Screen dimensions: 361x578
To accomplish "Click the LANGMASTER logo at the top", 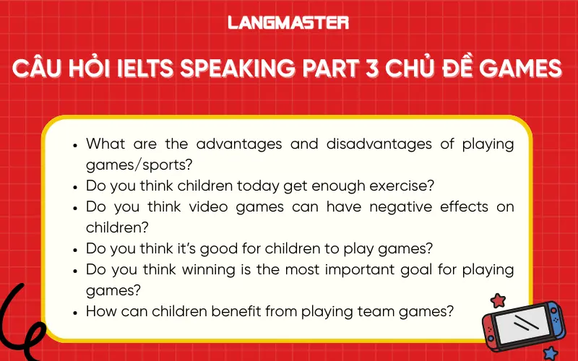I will [x=288, y=22].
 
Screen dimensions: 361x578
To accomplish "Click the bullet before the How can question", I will [x=76, y=312].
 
